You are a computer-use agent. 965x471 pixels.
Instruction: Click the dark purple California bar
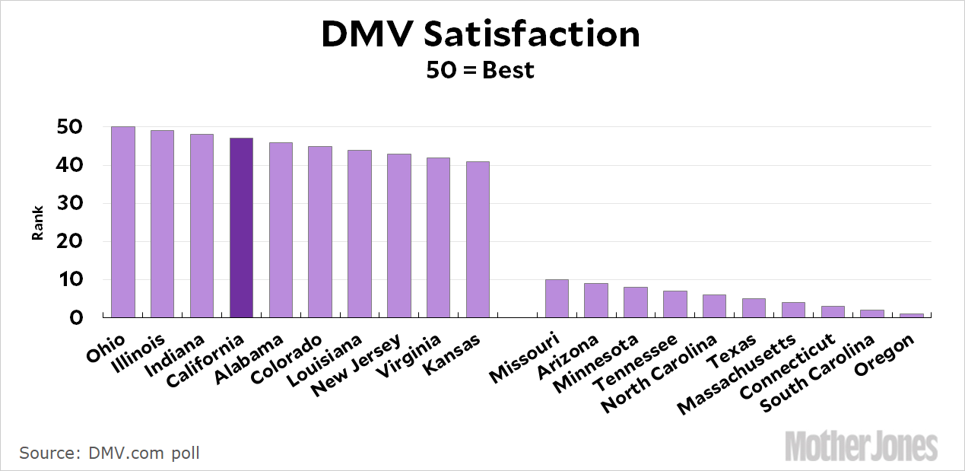click(241, 228)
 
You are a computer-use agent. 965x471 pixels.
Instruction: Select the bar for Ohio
click(123, 221)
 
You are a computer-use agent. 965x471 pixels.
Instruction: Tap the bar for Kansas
click(478, 239)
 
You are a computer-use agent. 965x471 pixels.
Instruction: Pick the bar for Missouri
click(557, 298)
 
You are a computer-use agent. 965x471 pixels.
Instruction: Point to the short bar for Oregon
click(912, 315)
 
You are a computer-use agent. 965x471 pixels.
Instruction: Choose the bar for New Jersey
click(398, 235)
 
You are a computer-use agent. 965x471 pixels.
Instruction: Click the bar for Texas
click(754, 307)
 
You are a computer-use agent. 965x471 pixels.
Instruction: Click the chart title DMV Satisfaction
click(480, 35)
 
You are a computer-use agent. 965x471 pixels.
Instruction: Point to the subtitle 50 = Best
click(480, 71)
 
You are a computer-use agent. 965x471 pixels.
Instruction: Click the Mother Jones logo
click(862, 445)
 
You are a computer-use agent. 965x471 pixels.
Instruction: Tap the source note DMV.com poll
click(110, 453)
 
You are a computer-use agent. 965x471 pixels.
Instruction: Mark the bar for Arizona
click(596, 300)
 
